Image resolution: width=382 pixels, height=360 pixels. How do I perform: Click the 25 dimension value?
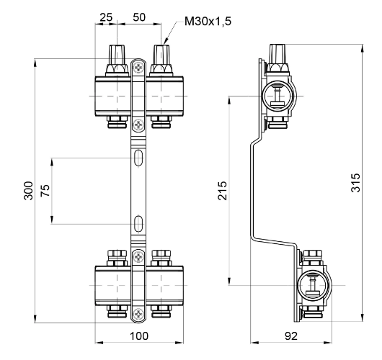point(105,16)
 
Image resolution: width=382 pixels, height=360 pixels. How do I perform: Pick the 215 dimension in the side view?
point(223,189)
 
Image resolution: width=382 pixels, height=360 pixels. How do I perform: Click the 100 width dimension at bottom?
point(138,336)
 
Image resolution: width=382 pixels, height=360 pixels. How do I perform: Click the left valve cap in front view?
point(117,55)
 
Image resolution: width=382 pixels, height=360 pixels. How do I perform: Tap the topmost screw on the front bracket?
point(138,68)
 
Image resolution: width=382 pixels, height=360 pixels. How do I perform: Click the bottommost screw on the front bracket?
point(138,312)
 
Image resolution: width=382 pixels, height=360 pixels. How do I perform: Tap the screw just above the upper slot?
point(138,125)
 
